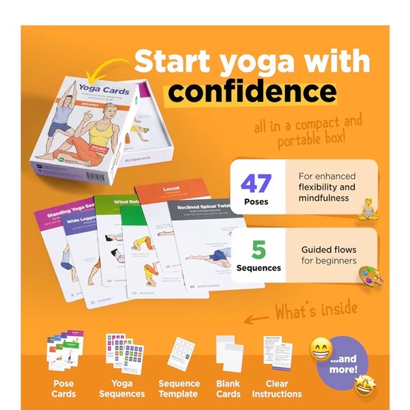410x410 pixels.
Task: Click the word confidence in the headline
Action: click(x=252, y=91)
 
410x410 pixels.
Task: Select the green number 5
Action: click(x=259, y=250)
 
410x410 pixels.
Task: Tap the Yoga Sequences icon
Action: click(x=121, y=352)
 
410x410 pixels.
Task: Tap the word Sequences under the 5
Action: click(x=258, y=268)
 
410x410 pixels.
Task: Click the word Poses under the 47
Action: click(x=257, y=201)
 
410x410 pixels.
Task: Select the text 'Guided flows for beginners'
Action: click(x=328, y=255)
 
